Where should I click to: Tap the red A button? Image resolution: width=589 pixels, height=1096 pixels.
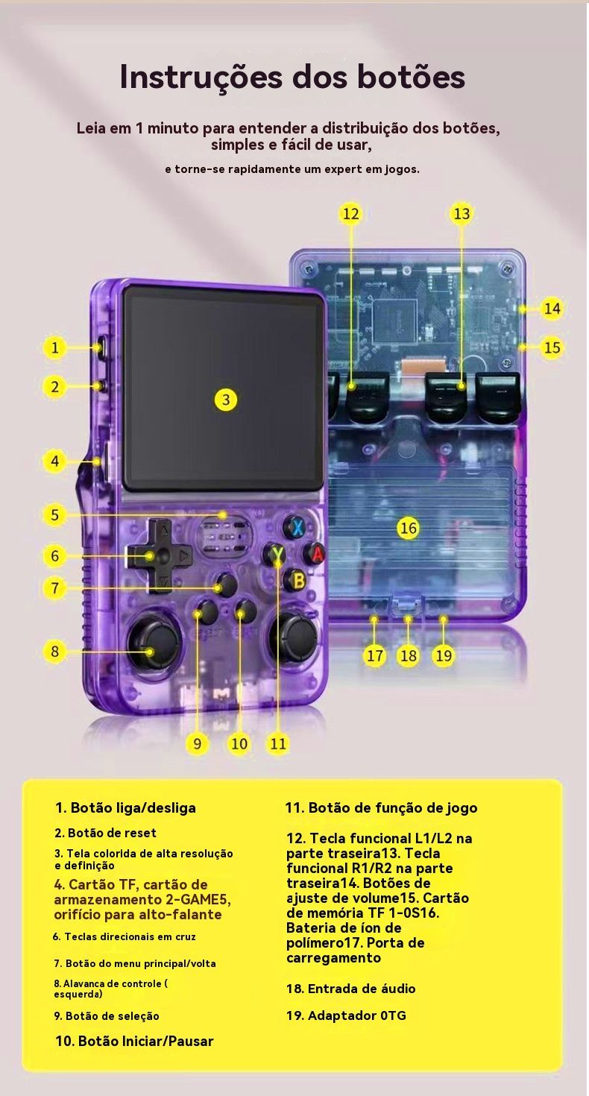click(315, 554)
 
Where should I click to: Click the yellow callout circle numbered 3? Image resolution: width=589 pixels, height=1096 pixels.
click(225, 400)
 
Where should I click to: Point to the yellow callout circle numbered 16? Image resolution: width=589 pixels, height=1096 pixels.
click(409, 529)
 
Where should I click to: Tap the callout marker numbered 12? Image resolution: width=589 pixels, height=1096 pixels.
click(351, 214)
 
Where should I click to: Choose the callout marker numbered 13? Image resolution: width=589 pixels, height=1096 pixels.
click(462, 214)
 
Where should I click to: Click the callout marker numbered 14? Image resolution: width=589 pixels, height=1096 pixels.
click(552, 309)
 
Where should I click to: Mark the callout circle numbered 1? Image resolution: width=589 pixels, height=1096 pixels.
click(54, 348)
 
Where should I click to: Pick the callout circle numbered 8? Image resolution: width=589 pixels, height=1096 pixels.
click(54, 652)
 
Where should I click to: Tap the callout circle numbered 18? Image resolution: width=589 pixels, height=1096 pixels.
click(409, 655)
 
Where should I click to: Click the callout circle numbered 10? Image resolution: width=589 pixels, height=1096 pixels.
click(239, 744)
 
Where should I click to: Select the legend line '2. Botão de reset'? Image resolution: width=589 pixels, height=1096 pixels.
click(106, 833)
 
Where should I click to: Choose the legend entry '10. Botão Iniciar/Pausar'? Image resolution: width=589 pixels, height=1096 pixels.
click(134, 1040)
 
